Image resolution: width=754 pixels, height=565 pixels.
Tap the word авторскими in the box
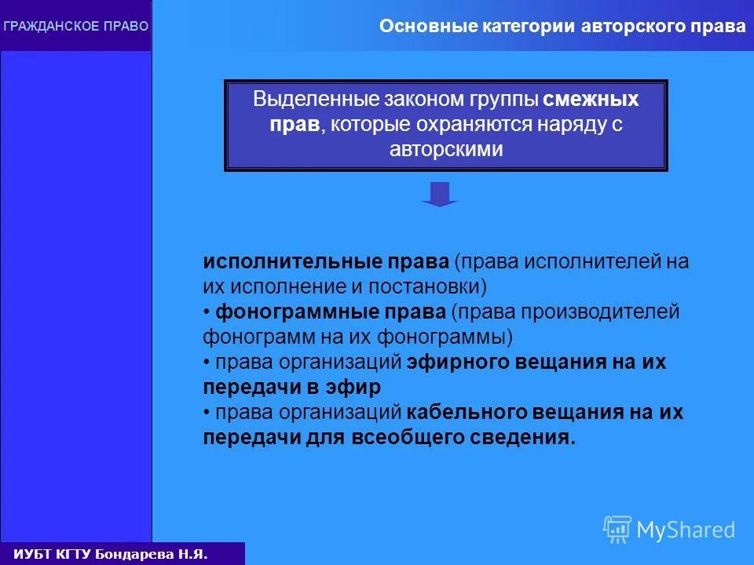pos(445,150)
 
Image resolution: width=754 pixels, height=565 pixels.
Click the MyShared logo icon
pos(617,530)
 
